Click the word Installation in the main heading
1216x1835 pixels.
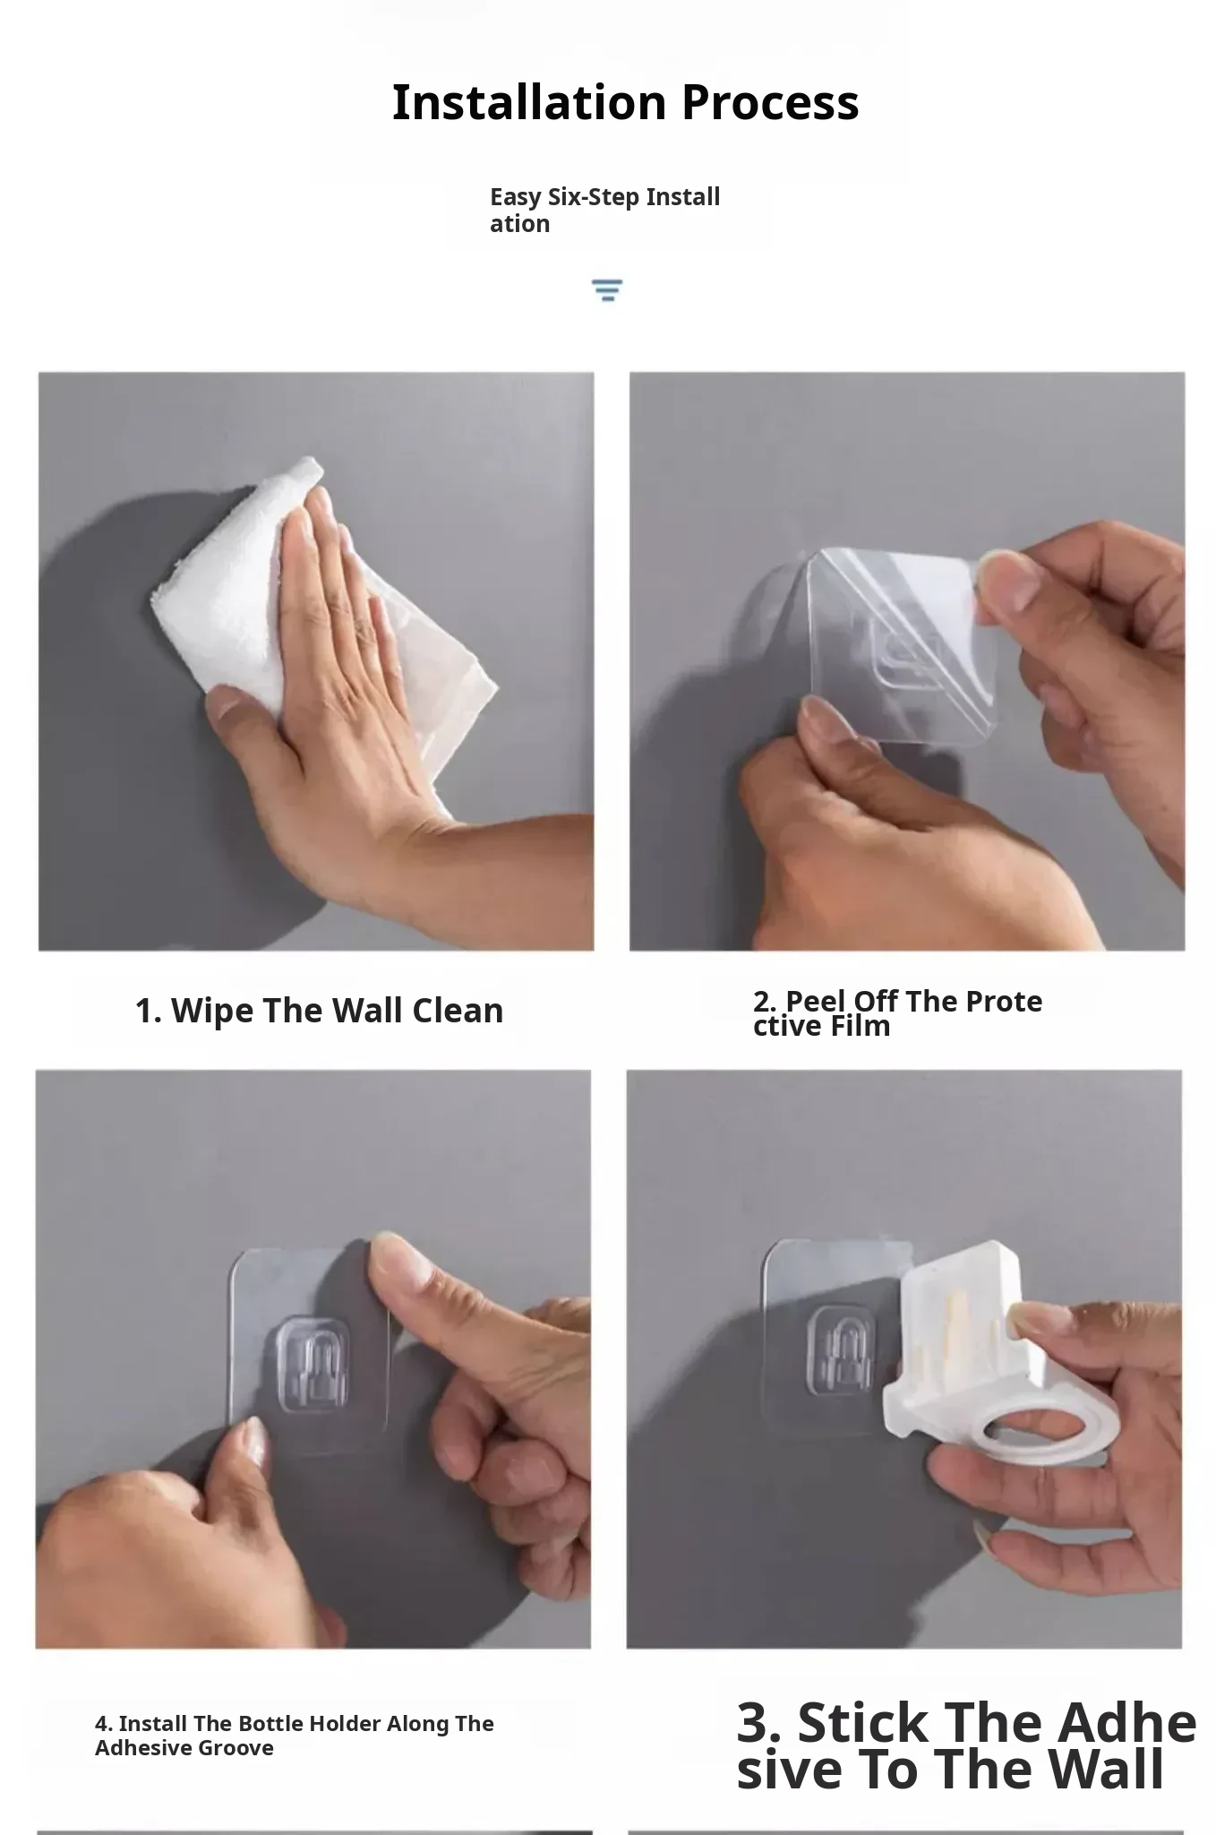(x=529, y=102)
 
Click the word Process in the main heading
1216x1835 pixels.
(x=770, y=102)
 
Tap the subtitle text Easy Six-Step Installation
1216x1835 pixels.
(x=604, y=210)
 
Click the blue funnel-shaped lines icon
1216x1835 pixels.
(x=607, y=289)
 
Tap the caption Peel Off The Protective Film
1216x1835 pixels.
(x=897, y=1013)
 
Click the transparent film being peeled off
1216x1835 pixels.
(x=891, y=645)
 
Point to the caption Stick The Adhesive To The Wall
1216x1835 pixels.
(x=965, y=1745)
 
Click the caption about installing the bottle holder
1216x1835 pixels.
(x=294, y=1736)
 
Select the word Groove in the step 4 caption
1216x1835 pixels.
(x=236, y=1748)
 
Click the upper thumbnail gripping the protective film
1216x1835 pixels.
(x=996, y=573)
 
